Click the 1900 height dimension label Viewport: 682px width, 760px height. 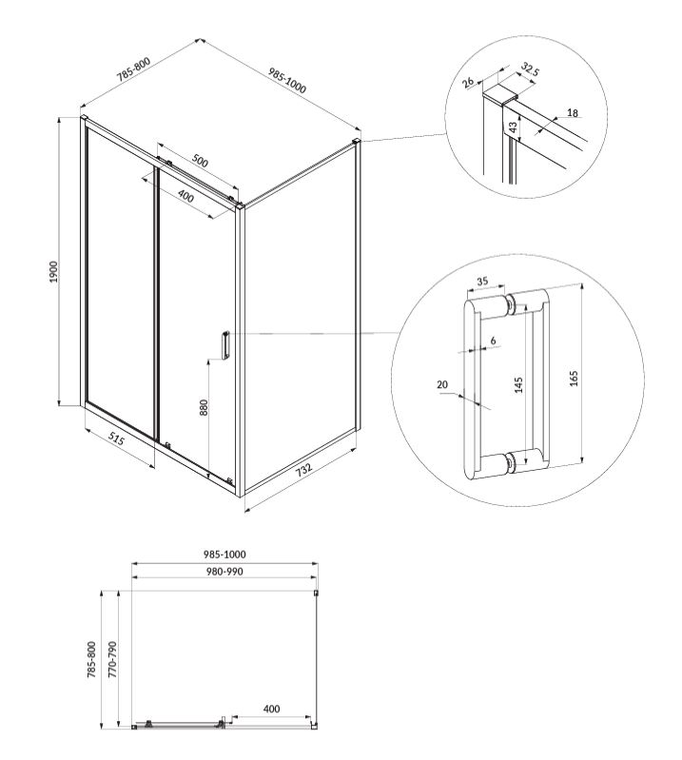coord(53,271)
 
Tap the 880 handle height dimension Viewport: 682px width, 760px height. coord(204,407)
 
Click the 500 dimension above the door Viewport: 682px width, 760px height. coord(200,161)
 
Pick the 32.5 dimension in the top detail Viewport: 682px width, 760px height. coord(530,69)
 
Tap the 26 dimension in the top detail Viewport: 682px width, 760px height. coord(468,82)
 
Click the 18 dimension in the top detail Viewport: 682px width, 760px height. coord(573,113)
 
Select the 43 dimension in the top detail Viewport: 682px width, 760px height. coord(513,127)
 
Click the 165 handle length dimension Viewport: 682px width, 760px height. coord(574,378)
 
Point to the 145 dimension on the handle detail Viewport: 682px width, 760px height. coord(518,385)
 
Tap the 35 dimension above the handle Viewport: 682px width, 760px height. coord(482,282)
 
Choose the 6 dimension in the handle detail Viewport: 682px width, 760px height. coord(493,341)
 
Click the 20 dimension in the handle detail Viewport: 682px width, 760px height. coord(442,385)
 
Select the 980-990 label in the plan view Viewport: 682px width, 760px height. coord(224,572)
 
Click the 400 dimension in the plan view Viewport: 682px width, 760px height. coord(271,709)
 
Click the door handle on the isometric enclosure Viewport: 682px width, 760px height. coord(225,345)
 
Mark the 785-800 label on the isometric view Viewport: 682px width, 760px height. coord(133,68)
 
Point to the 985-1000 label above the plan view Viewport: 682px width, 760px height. coord(224,554)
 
